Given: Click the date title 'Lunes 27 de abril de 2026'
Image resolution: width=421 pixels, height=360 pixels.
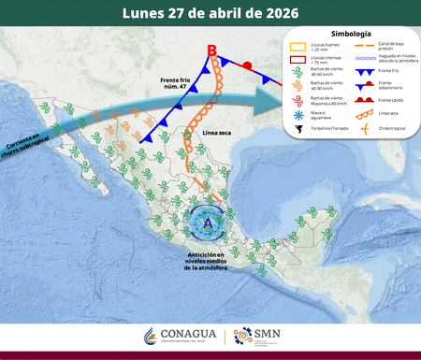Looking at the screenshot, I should point(210,13).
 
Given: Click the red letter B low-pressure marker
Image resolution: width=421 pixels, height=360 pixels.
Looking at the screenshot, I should point(211,50).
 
